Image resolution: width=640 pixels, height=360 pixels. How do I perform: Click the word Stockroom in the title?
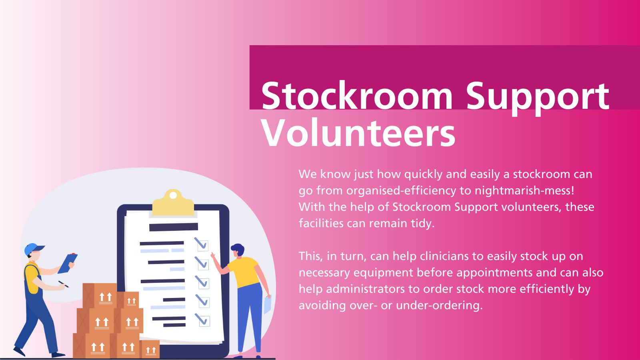tap(356, 96)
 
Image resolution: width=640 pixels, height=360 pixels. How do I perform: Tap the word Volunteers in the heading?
tap(358, 133)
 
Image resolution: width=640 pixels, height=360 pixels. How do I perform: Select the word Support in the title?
tap(537, 96)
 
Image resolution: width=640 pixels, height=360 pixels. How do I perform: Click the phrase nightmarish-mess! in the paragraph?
tap(524, 190)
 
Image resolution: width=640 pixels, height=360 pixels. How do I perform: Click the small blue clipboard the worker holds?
tap(68, 263)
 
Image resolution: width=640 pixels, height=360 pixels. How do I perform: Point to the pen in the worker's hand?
tap(63, 284)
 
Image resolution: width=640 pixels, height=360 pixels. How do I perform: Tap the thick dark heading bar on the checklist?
tap(173, 227)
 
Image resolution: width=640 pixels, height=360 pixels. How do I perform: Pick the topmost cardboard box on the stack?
tap(100, 296)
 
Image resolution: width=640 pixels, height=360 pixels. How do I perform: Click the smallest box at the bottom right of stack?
tap(150, 350)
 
